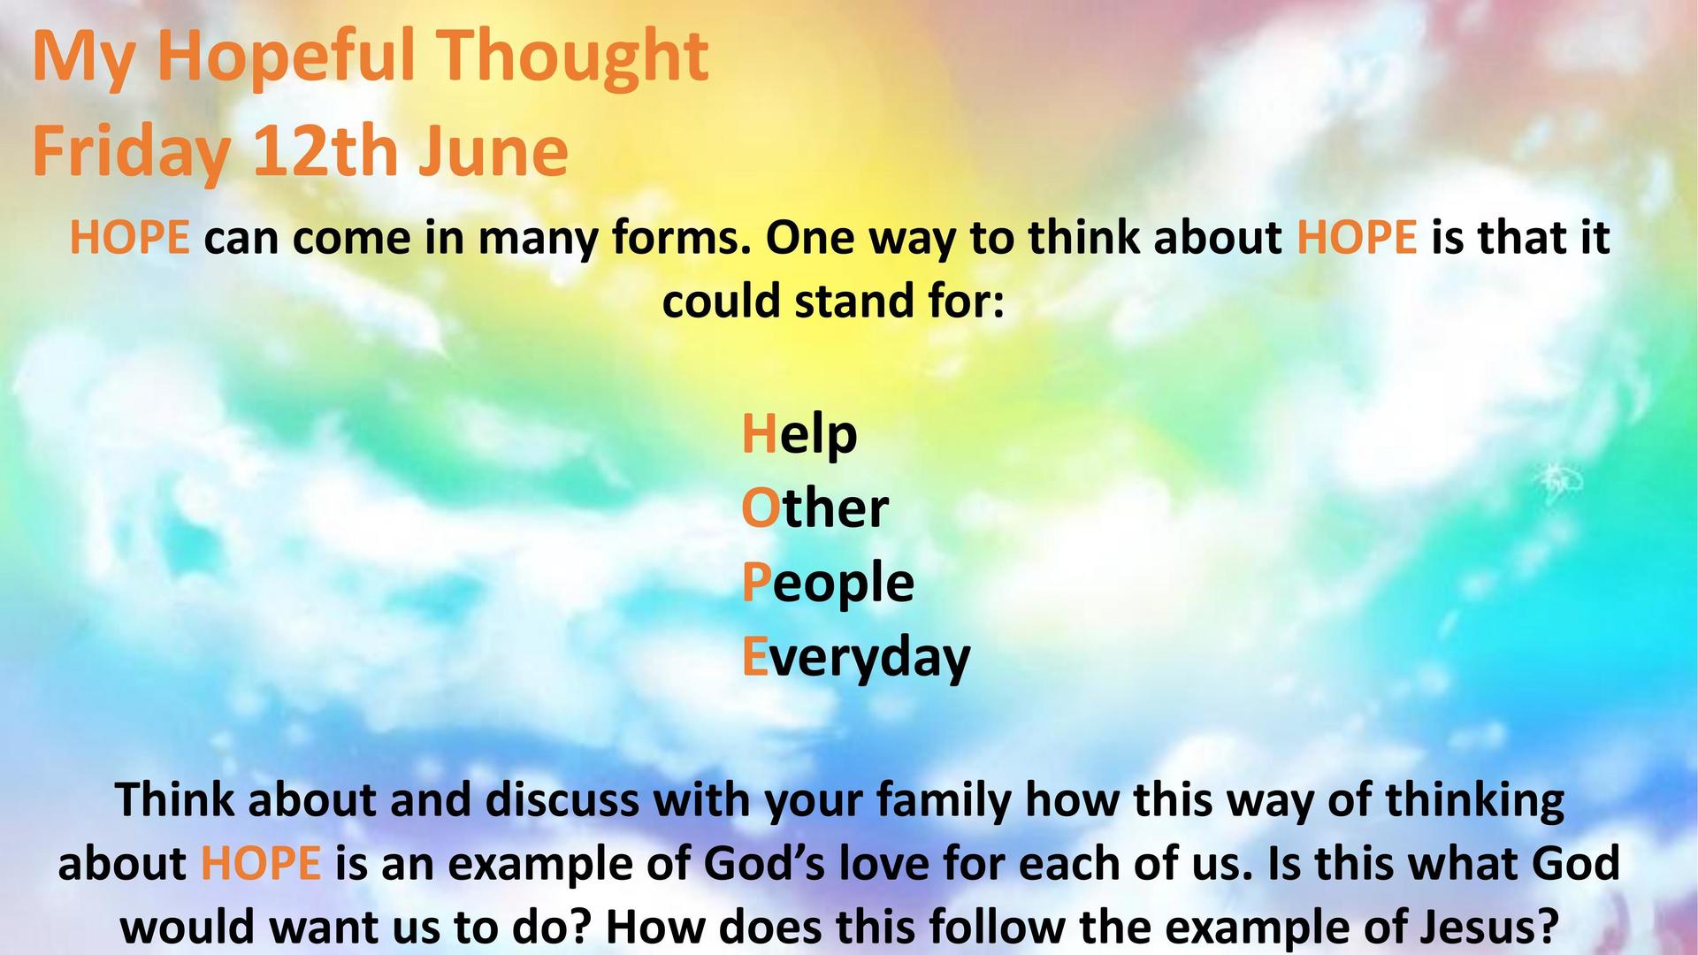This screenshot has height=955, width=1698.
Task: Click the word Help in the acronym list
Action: pyautogui.click(x=799, y=435)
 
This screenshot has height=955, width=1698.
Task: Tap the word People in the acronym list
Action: pyautogui.click(x=828, y=584)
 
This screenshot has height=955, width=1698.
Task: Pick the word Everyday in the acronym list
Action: pyautogui.click(x=856, y=659)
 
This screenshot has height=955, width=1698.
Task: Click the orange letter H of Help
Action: pyautogui.click(x=758, y=433)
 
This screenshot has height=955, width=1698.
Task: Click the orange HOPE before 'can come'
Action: pyautogui.click(x=130, y=239)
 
